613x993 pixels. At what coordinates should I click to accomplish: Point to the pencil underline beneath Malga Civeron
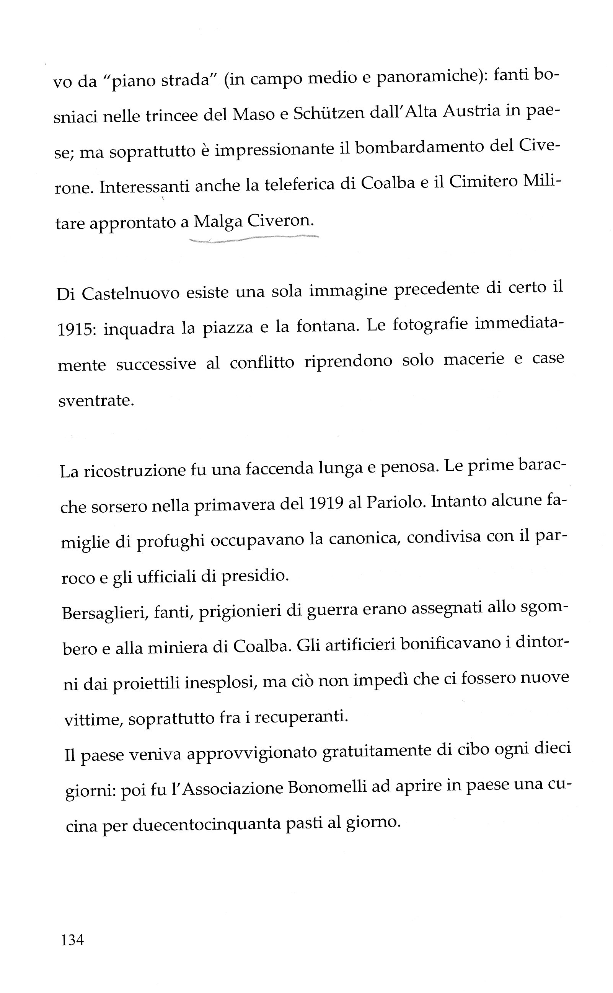point(253,240)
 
